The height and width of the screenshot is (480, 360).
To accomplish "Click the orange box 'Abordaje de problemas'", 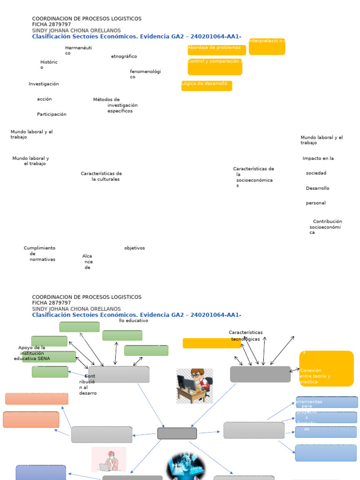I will (217, 50).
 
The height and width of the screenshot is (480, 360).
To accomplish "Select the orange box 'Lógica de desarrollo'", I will (206, 85).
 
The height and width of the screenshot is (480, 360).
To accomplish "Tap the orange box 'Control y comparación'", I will (215, 67).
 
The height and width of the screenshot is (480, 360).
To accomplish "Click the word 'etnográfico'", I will (124, 56).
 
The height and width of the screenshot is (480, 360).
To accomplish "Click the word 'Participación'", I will (52, 114).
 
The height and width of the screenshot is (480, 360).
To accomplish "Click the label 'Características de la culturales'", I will (101, 176).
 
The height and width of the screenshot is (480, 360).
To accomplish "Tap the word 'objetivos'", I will (135, 248).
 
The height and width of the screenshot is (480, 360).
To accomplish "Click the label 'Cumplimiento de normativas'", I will (40, 254).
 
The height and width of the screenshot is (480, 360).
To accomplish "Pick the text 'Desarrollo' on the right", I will (317, 188).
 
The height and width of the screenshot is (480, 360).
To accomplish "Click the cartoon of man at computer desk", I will (195, 386).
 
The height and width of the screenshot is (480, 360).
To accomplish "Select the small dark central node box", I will (177, 433).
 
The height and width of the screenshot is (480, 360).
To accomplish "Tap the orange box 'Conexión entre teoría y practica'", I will (326, 369).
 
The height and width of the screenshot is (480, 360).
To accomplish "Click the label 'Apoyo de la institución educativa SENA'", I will (32, 353).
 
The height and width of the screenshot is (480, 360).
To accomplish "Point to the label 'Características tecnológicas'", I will (246, 336).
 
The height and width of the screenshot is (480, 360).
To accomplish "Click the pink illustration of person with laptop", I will (109, 459).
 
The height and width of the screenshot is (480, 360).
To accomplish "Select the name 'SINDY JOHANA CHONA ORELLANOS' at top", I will (76, 30).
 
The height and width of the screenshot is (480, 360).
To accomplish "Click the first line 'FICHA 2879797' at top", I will (52, 24).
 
